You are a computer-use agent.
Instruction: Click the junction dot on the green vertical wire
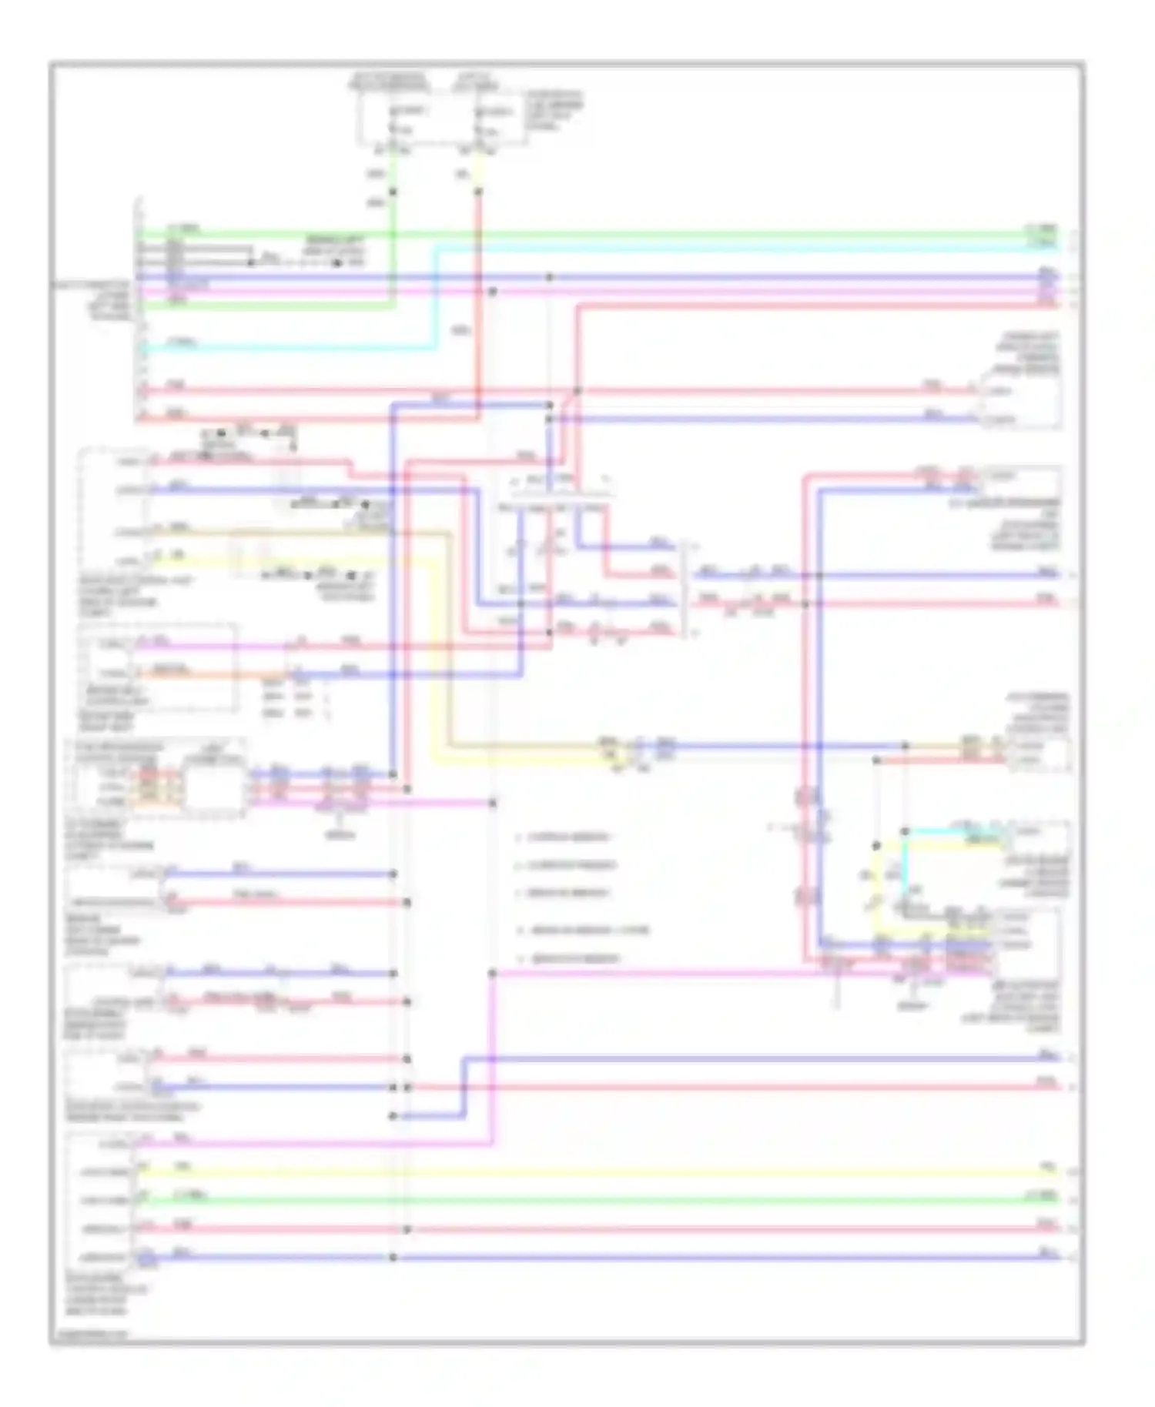point(393,192)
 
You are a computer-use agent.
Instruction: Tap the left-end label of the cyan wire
point(182,342)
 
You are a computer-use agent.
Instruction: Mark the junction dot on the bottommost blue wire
point(393,1258)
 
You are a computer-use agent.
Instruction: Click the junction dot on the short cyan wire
point(906,831)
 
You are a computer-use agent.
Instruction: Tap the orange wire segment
point(208,675)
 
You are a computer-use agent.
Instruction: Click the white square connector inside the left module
point(213,787)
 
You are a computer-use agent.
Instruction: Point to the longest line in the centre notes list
point(590,931)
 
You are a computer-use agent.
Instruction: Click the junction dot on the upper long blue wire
point(549,277)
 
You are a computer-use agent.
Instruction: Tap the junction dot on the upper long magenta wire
point(493,292)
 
